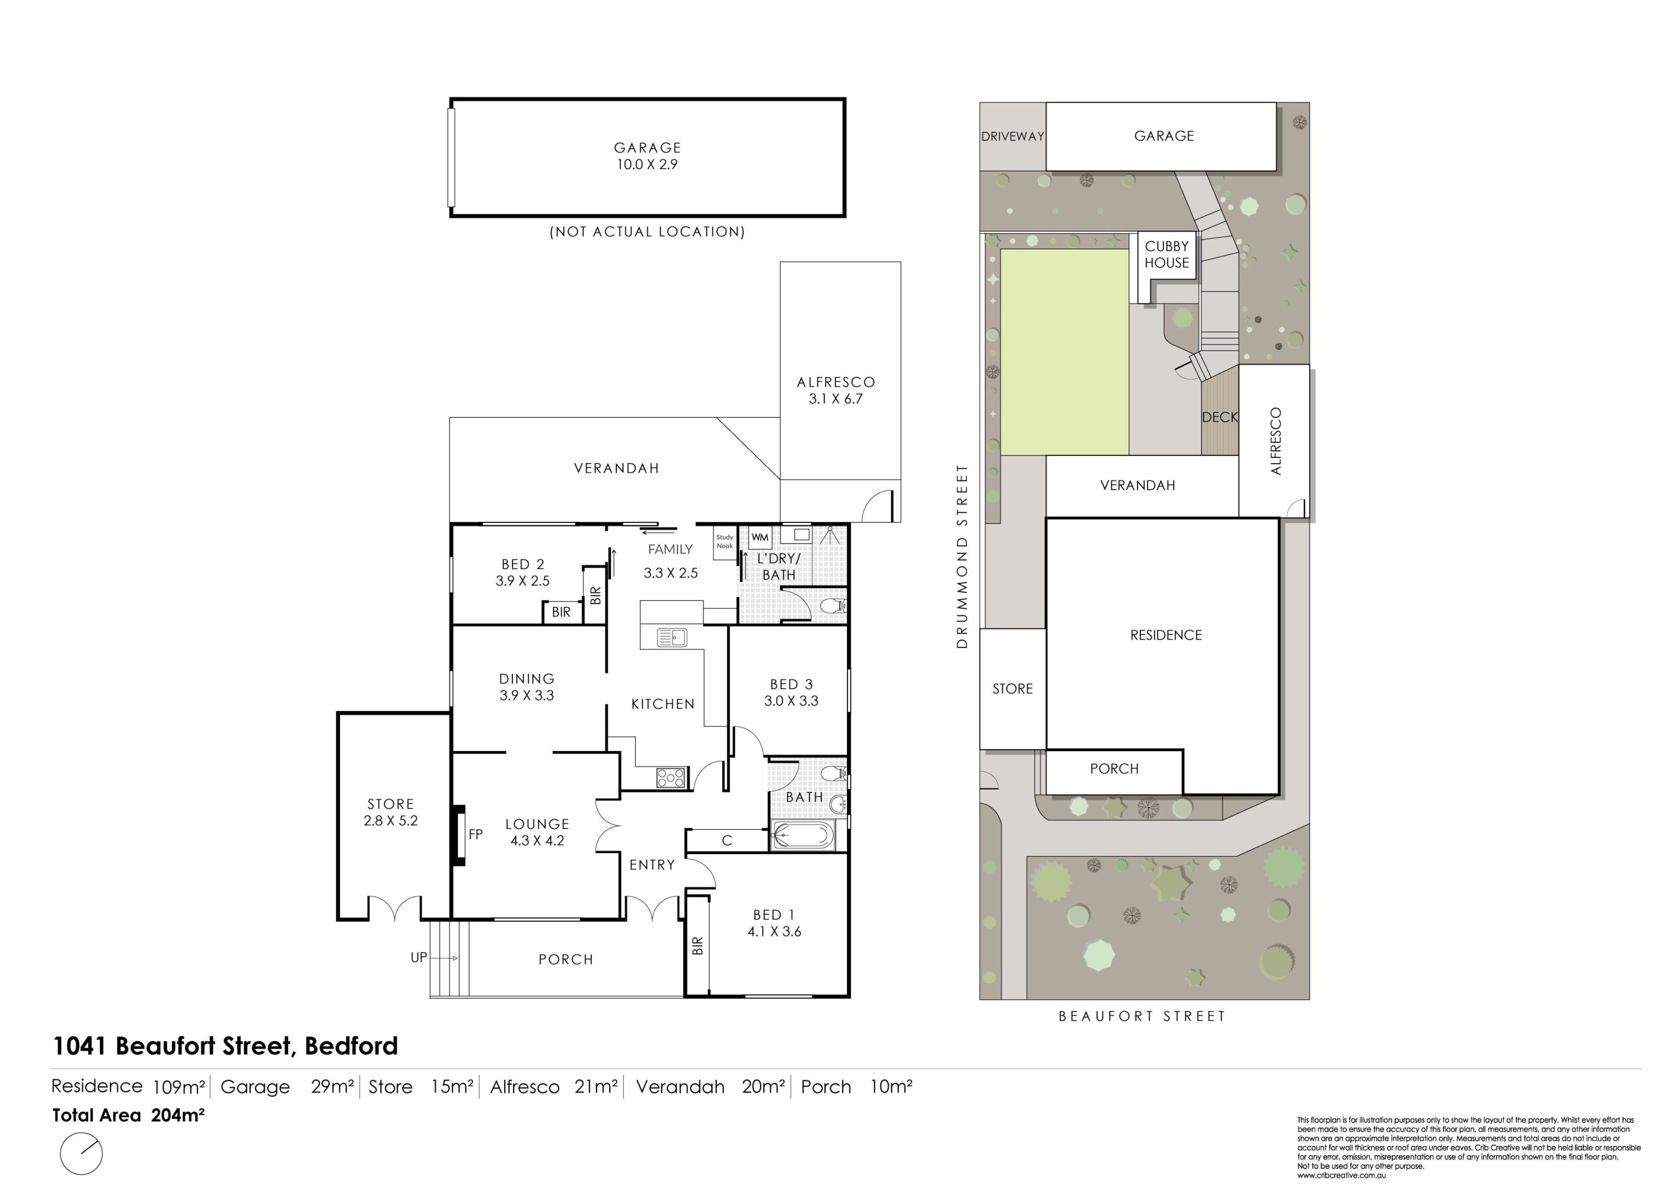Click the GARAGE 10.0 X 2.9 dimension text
647,164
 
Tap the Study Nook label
724,542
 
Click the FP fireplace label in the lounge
476,834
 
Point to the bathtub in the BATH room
803,835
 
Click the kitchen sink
672,637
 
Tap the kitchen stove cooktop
671,777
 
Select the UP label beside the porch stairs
419,957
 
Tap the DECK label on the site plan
1220,417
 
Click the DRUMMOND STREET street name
962,556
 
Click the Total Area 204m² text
128,1115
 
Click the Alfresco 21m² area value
596,1087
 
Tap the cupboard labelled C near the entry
727,841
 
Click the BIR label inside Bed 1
697,946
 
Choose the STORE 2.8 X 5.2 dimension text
391,821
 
